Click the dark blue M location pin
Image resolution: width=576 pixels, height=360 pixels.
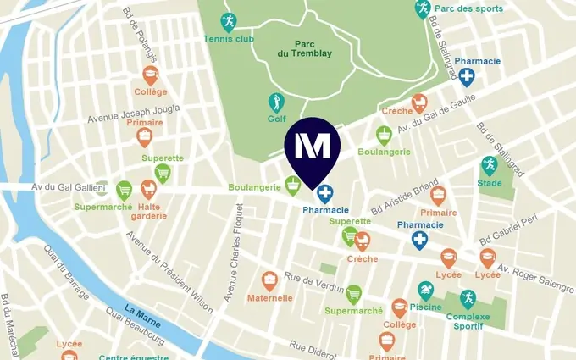tap(313, 147)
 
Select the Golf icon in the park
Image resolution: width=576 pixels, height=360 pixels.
tap(276, 102)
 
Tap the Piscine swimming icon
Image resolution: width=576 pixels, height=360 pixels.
tap(426, 291)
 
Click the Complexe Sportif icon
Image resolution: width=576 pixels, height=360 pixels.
tap(468, 298)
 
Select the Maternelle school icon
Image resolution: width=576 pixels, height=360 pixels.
tap(269, 280)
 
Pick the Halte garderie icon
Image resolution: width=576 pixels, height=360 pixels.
tap(148, 188)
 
